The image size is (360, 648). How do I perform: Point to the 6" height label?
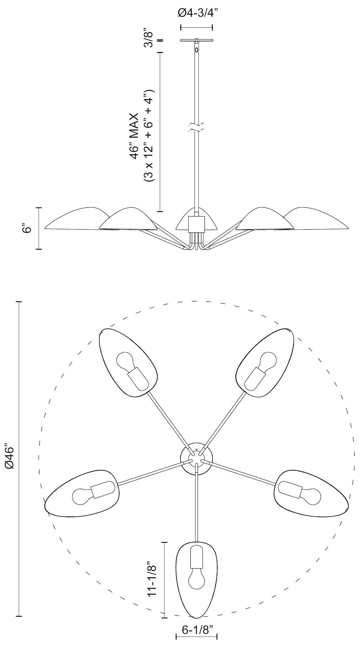(27, 228)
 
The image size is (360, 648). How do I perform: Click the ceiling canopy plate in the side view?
(196, 40)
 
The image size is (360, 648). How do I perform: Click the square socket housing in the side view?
(196, 224)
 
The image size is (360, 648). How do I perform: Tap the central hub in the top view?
(196, 459)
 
